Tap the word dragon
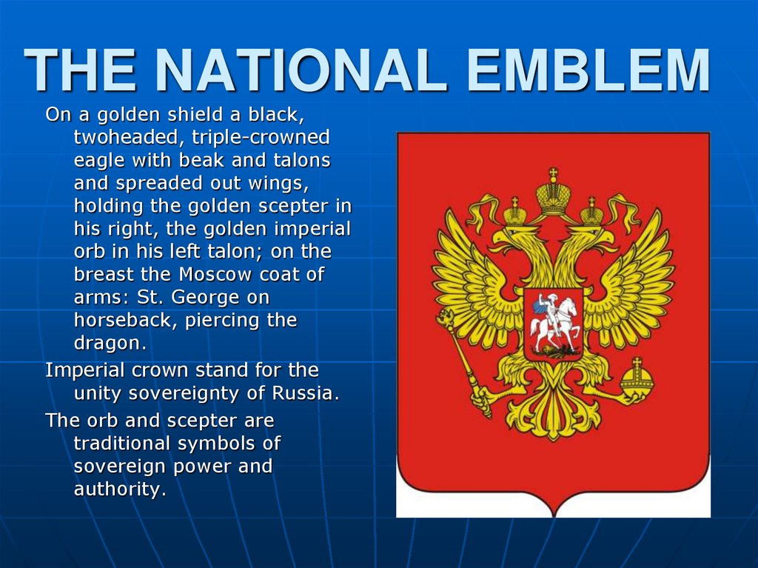click(x=110, y=344)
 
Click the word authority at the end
click(x=119, y=490)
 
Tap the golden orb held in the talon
click(x=637, y=378)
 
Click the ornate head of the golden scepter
click(x=446, y=321)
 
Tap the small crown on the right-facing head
click(x=591, y=213)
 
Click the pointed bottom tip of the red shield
click(x=553, y=511)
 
